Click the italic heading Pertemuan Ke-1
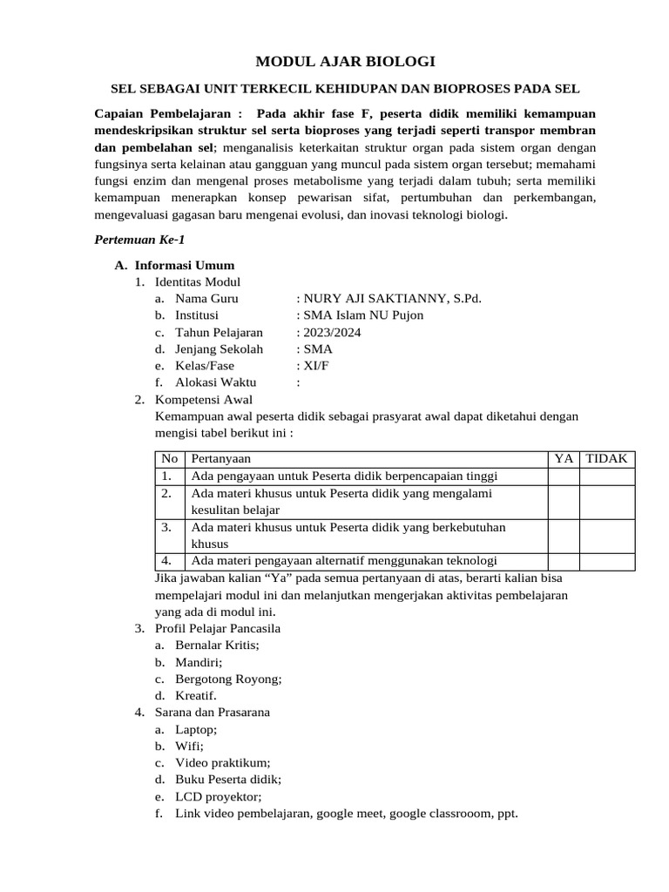[139, 240]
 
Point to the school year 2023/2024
[332, 332]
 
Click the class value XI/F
[315, 365]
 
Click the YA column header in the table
[563, 458]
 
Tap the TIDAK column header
[606, 458]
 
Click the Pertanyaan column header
[221, 458]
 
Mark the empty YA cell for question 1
[563, 476]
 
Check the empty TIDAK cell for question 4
[606, 561]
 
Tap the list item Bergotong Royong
[228, 679]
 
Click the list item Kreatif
[196, 695]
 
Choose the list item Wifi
[189, 747]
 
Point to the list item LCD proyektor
[218, 797]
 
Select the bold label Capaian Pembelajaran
[162, 114]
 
